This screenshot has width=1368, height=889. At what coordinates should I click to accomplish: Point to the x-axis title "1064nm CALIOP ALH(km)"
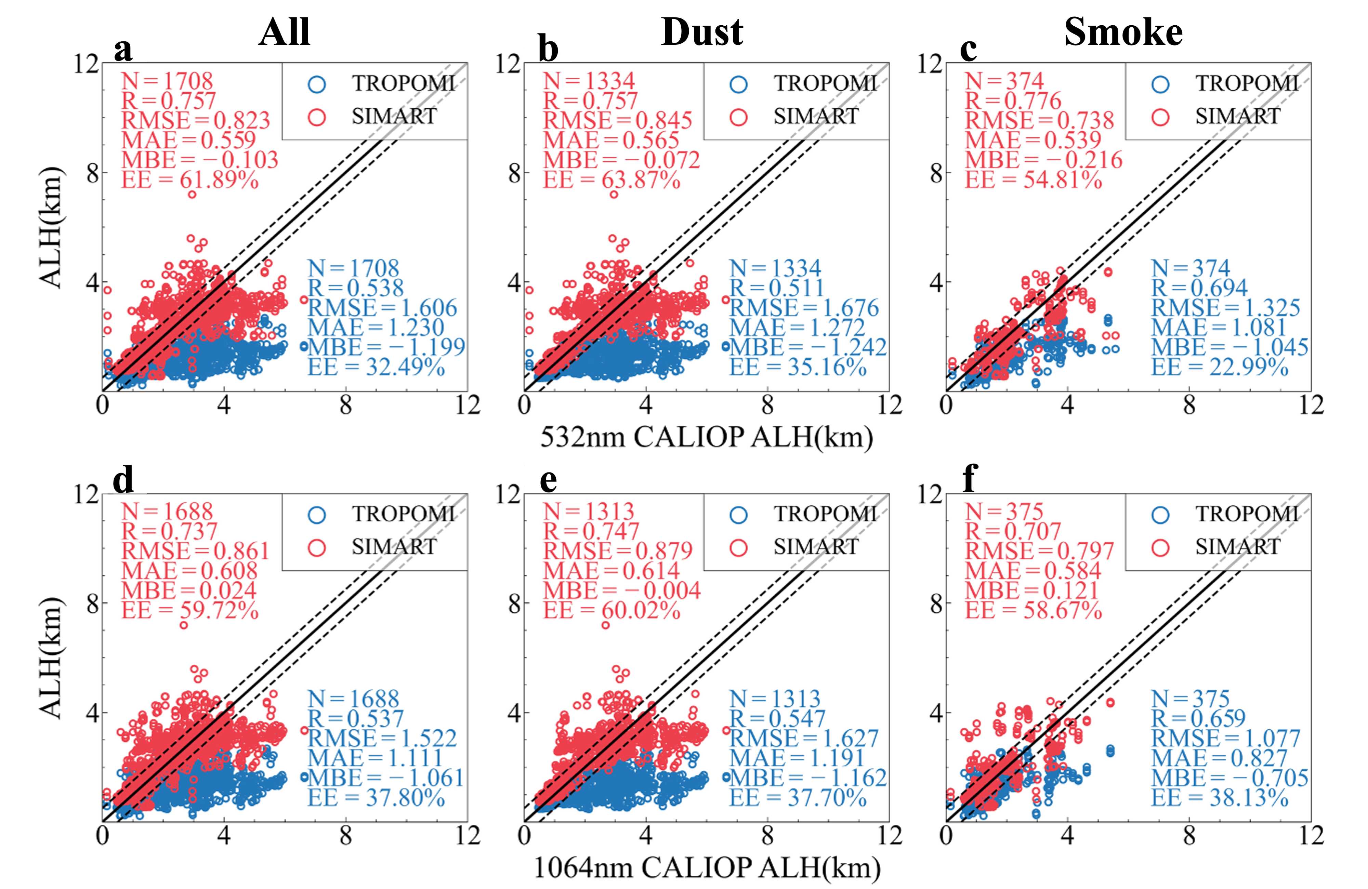pyautogui.click(x=707, y=868)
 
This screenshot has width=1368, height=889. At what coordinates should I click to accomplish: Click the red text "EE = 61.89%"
pyautogui.click(x=190, y=180)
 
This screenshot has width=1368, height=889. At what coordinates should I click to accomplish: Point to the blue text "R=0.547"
pyautogui.click(x=777, y=718)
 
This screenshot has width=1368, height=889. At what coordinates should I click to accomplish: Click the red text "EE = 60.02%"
pyautogui.click(x=611, y=610)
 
